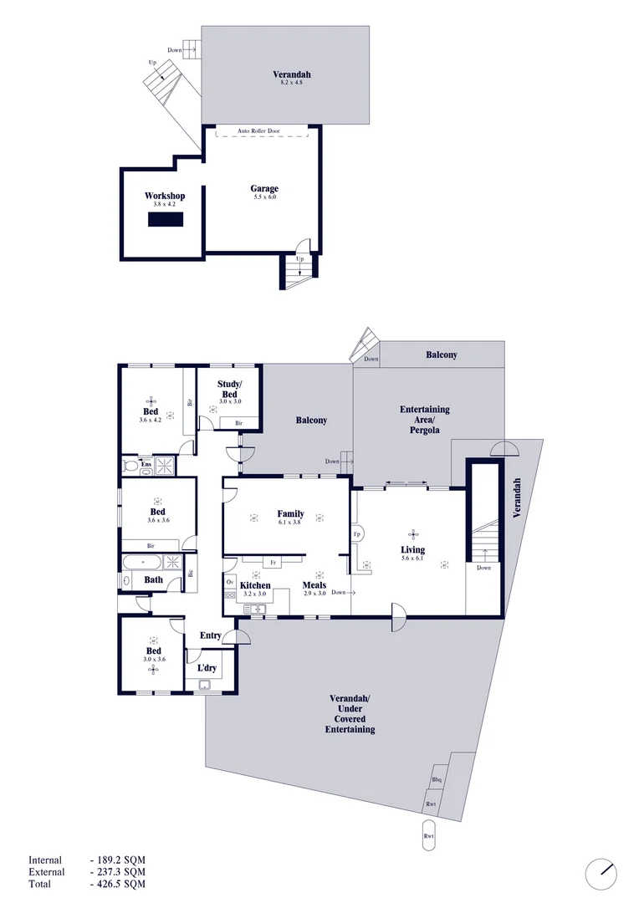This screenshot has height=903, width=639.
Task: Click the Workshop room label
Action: (x=164, y=196)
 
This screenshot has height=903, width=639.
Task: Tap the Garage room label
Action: (x=264, y=188)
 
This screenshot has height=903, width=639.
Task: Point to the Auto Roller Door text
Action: (x=259, y=131)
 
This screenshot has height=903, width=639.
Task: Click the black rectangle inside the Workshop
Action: (x=165, y=219)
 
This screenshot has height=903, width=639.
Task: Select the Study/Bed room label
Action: (x=229, y=390)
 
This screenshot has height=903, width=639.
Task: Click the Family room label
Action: (x=290, y=513)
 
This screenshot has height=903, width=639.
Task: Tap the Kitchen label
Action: (x=255, y=585)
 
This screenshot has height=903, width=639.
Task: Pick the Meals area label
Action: (x=314, y=585)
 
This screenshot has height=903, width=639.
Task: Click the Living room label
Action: (x=412, y=549)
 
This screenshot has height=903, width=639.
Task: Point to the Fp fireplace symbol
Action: (x=356, y=533)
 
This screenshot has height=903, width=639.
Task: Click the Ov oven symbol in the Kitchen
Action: (x=230, y=581)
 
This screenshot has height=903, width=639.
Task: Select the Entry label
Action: (x=210, y=635)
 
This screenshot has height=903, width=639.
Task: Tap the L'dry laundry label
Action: (x=207, y=668)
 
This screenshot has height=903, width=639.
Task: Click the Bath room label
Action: (x=154, y=579)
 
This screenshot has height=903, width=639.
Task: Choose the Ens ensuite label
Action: (x=146, y=464)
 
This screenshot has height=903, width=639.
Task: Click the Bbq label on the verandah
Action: (x=437, y=780)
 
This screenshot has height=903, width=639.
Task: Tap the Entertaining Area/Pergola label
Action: (x=425, y=420)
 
